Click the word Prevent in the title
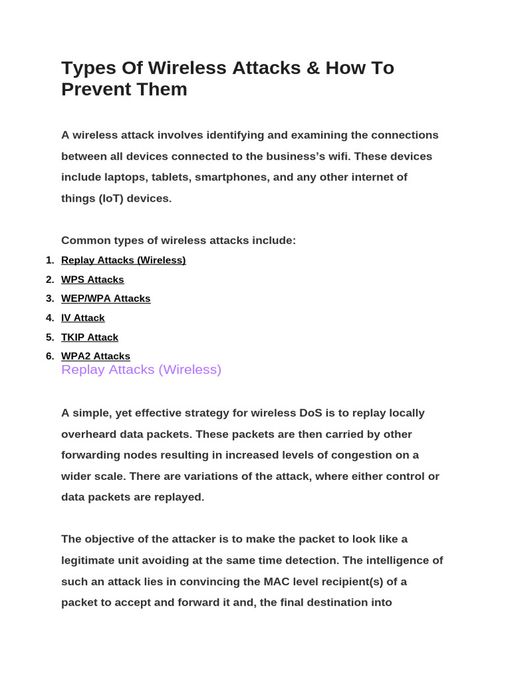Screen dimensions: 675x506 click(93, 89)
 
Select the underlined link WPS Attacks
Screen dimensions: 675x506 click(92, 279)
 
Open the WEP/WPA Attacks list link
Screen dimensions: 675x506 click(105, 299)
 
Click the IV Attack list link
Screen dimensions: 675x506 click(83, 318)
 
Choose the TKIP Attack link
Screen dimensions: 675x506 click(90, 337)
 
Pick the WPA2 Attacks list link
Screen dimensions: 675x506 click(96, 356)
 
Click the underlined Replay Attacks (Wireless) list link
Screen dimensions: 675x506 click(123, 260)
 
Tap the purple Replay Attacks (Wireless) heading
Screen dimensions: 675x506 click(141, 370)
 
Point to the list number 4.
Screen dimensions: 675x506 click(49, 318)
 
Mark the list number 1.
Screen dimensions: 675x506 click(49, 260)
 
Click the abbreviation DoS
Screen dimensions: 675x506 click(311, 413)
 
